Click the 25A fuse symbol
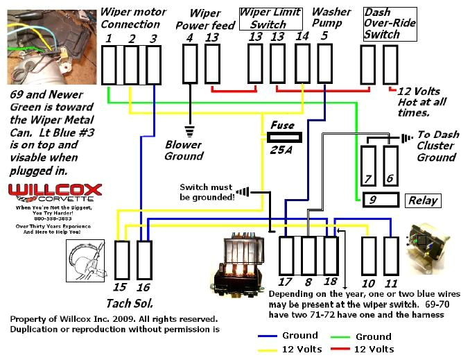pos(282,137)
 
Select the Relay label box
pos(423,200)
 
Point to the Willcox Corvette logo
pos(55,191)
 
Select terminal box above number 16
pos(144,260)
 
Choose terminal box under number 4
pos(190,65)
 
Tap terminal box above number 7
pos(369,165)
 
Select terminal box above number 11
pos(391,255)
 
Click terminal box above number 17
pos(286,255)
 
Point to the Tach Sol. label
pos(130,303)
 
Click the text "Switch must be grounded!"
pos(206,192)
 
